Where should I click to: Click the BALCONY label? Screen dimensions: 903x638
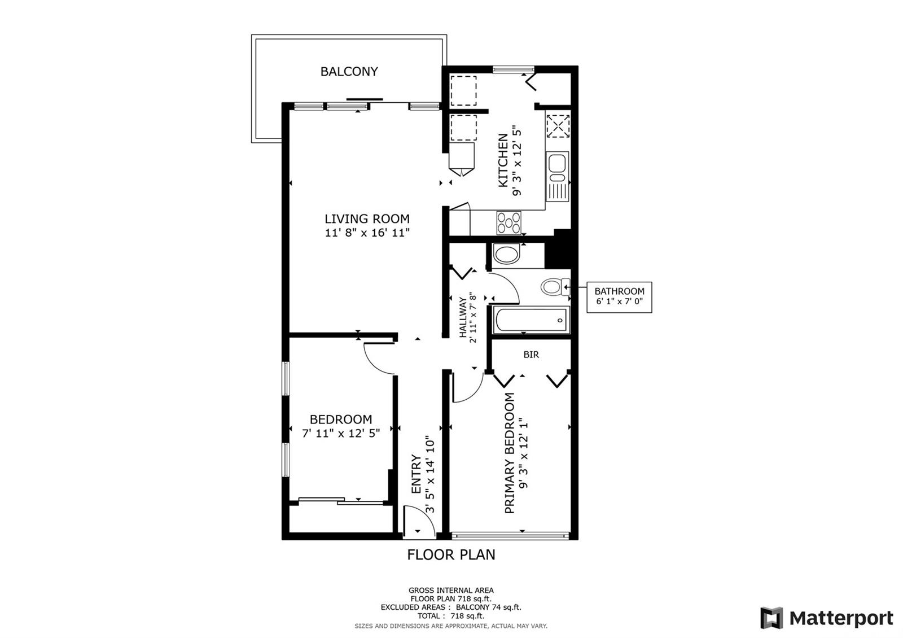point(349,72)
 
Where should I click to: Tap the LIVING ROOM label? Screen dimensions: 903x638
point(367,219)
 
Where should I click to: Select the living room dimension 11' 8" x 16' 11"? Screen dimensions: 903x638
point(367,233)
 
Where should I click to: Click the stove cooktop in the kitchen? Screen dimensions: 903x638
point(509,223)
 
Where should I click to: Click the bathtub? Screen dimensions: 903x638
point(531,320)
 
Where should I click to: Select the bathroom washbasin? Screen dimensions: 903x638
point(506,255)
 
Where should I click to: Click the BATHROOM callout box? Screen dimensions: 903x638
point(619,297)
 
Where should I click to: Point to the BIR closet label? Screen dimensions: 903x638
point(531,355)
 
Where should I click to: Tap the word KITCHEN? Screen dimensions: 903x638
point(503,160)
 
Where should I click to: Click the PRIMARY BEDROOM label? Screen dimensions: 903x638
point(510,453)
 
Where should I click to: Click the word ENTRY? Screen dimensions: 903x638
point(416,474)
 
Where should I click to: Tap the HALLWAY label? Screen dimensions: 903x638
point(463,317)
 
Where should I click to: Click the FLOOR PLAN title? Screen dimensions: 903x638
point(451,555)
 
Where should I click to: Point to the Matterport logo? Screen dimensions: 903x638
point(826,618)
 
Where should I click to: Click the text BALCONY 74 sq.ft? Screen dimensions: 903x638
point(489,608)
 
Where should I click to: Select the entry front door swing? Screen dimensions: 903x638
point(419,521)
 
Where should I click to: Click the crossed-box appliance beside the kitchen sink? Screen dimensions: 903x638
point(558,126)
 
